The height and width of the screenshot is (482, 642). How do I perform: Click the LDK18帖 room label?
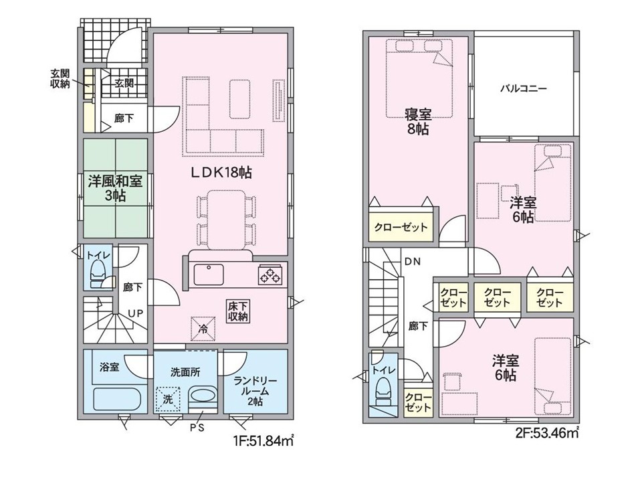(x=221, y=173)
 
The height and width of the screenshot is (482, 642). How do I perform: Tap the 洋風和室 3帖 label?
(x=115, y=188)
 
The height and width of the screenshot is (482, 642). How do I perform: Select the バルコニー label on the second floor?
(x=524, y=88)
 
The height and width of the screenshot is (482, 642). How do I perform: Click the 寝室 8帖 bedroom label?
(x=418, y=122)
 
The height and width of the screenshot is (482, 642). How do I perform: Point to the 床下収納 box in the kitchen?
(x=238, y=311)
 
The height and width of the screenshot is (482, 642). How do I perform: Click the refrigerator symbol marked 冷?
(x=203, y=328)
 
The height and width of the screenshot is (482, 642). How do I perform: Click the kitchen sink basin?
(x=209, y=274)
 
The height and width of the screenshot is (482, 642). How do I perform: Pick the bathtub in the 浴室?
(x=117, y=400)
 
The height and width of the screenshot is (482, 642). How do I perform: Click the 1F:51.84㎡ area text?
(x=263, y=441)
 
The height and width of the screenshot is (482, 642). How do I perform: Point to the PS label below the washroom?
(x=197, y=428)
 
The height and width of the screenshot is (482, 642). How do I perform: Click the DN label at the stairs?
(x=413, y=262)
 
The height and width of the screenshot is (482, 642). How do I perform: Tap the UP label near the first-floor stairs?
(x=136, y=313)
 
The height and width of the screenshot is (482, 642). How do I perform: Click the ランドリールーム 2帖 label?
(x=255, y=391)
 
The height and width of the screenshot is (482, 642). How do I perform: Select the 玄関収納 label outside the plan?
(x=60, y=79)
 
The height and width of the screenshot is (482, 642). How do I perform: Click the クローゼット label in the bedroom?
(x=401, y=227)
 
